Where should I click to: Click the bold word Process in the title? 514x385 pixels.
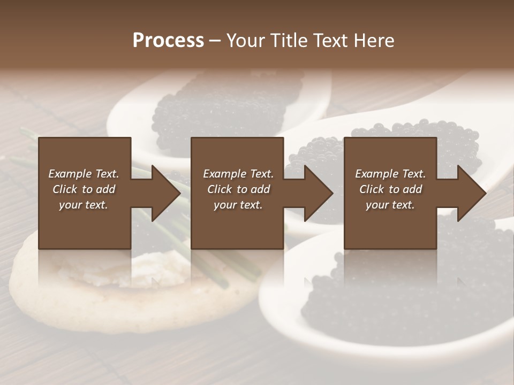point(168,41)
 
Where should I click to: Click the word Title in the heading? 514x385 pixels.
point(289,41)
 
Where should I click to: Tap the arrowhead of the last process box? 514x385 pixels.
point(471,193)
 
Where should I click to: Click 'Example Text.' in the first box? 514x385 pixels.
point(84,174)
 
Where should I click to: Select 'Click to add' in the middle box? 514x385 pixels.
point(238,189)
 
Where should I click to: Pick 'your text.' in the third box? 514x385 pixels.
point(390,205)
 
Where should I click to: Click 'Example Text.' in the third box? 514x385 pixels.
point(390,174)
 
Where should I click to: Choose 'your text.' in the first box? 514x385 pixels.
point(84,205)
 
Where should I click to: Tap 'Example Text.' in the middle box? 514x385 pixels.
point(238,174)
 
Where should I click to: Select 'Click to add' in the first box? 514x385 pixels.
point(84,189)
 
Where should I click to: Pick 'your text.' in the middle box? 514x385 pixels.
point(238,205)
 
